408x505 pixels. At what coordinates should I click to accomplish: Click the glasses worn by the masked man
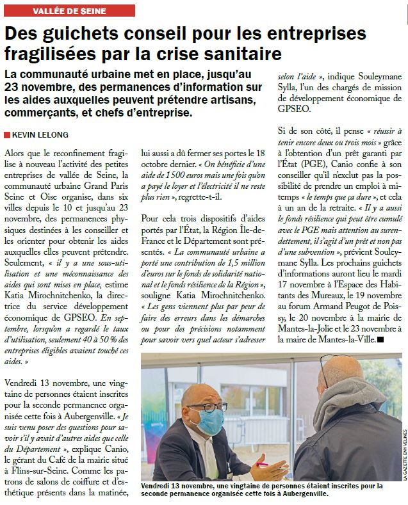click(206, 406)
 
